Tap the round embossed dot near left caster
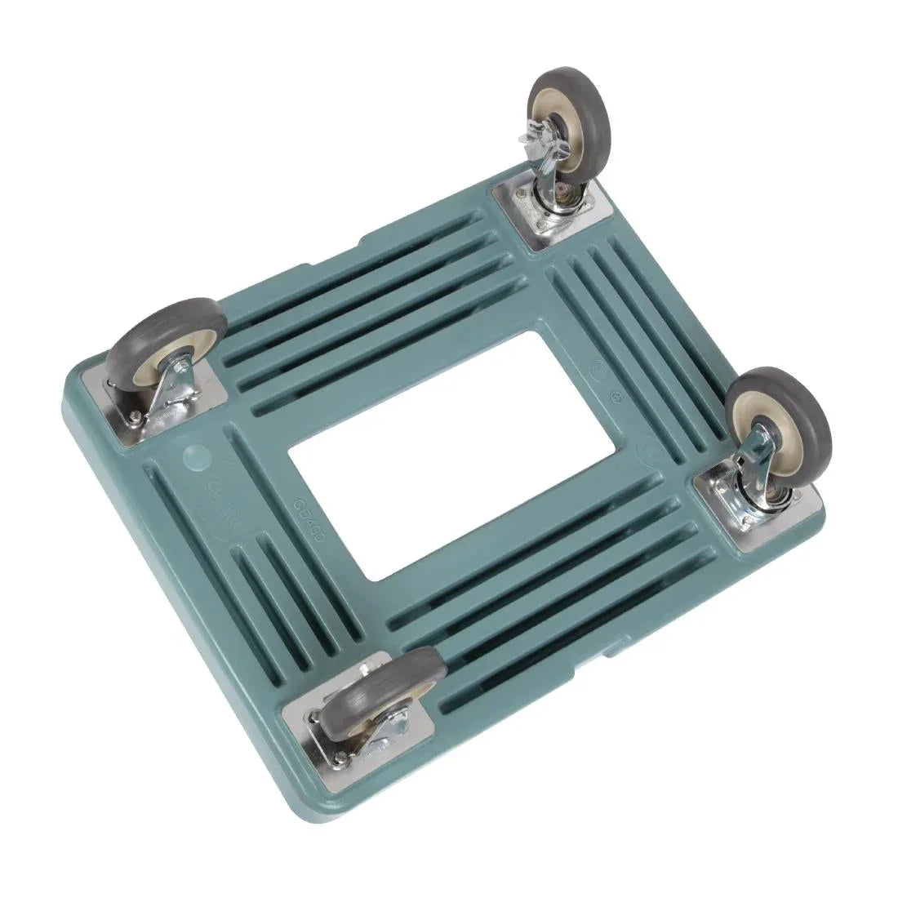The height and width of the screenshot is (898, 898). (195, 455)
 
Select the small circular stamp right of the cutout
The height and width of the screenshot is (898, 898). (617, 398)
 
